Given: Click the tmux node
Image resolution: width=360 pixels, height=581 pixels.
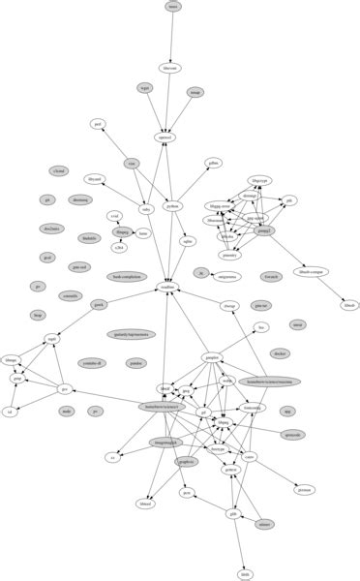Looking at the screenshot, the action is [x=173, y=7].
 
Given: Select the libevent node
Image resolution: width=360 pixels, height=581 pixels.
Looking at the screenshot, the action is [x=170, y=69].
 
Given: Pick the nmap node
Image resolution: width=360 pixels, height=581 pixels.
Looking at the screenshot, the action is [x=195, y=93].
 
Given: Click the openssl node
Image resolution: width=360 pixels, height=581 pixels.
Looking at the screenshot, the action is [x=166, y=138].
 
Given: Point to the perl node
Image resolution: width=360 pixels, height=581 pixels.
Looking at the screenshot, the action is [x=98, y=124].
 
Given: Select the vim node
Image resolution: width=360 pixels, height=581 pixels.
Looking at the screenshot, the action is [x=131, y=164].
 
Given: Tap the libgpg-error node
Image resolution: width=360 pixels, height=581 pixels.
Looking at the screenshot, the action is [x=220, y=206].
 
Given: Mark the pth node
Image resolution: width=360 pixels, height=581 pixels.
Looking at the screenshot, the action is [x=289, y=200].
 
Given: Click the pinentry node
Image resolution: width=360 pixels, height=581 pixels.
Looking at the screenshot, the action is [x=229, y=255].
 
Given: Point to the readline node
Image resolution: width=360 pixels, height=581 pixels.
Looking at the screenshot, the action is [x=165, y=288].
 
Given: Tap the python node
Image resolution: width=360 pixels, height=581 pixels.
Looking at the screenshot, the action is [x=172, y=206].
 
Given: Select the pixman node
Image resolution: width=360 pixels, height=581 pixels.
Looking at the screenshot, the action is [x=304, y=490].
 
